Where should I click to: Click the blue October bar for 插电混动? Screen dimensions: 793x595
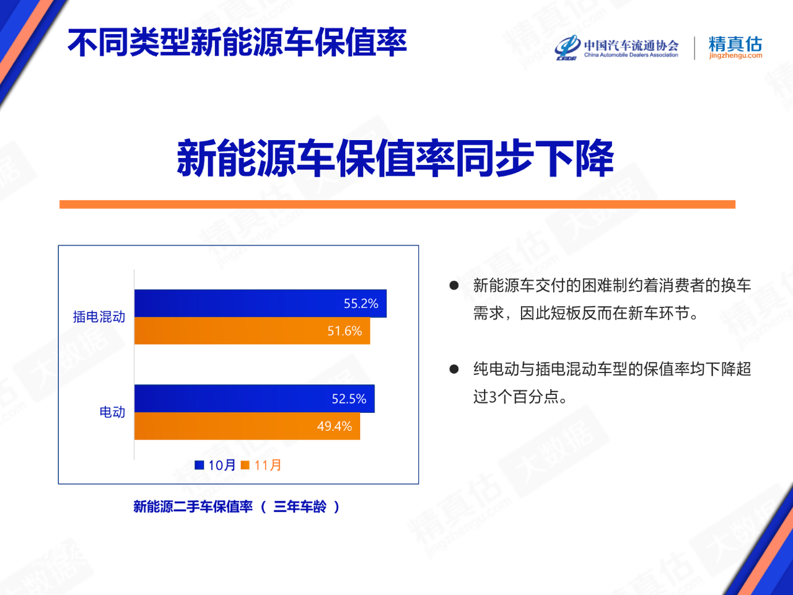pos(260,304)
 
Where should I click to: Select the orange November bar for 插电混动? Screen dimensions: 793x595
pos(252,330)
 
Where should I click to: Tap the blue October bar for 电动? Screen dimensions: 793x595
pos(255,399)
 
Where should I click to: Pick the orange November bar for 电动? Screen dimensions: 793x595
pos(247,426)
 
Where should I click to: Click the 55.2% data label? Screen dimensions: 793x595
pos(361,304)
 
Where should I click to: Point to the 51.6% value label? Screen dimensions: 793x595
pos(344,331)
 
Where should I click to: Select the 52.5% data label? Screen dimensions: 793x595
pos(349,399)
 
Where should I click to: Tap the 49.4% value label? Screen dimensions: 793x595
pos(335,426)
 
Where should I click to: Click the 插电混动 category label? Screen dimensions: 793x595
pos(99,317)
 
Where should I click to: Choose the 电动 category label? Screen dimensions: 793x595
pos(112,412)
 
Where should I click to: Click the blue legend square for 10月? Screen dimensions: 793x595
pos(199,465)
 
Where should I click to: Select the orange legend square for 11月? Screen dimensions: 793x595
pos(245,465)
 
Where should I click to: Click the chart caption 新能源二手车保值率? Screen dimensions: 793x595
pos(193,506)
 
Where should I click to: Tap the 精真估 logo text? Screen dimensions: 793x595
pos(735,44)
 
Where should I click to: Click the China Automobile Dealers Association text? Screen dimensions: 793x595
pos(631,55)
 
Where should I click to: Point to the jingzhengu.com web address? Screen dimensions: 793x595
pos(735,56)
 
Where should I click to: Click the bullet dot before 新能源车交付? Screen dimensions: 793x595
pos(453,286)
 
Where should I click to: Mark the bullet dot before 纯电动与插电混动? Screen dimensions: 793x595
pos(453,369)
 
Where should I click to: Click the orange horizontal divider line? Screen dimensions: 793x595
pos(397,205)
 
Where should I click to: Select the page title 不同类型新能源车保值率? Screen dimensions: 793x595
pos(237,42)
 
